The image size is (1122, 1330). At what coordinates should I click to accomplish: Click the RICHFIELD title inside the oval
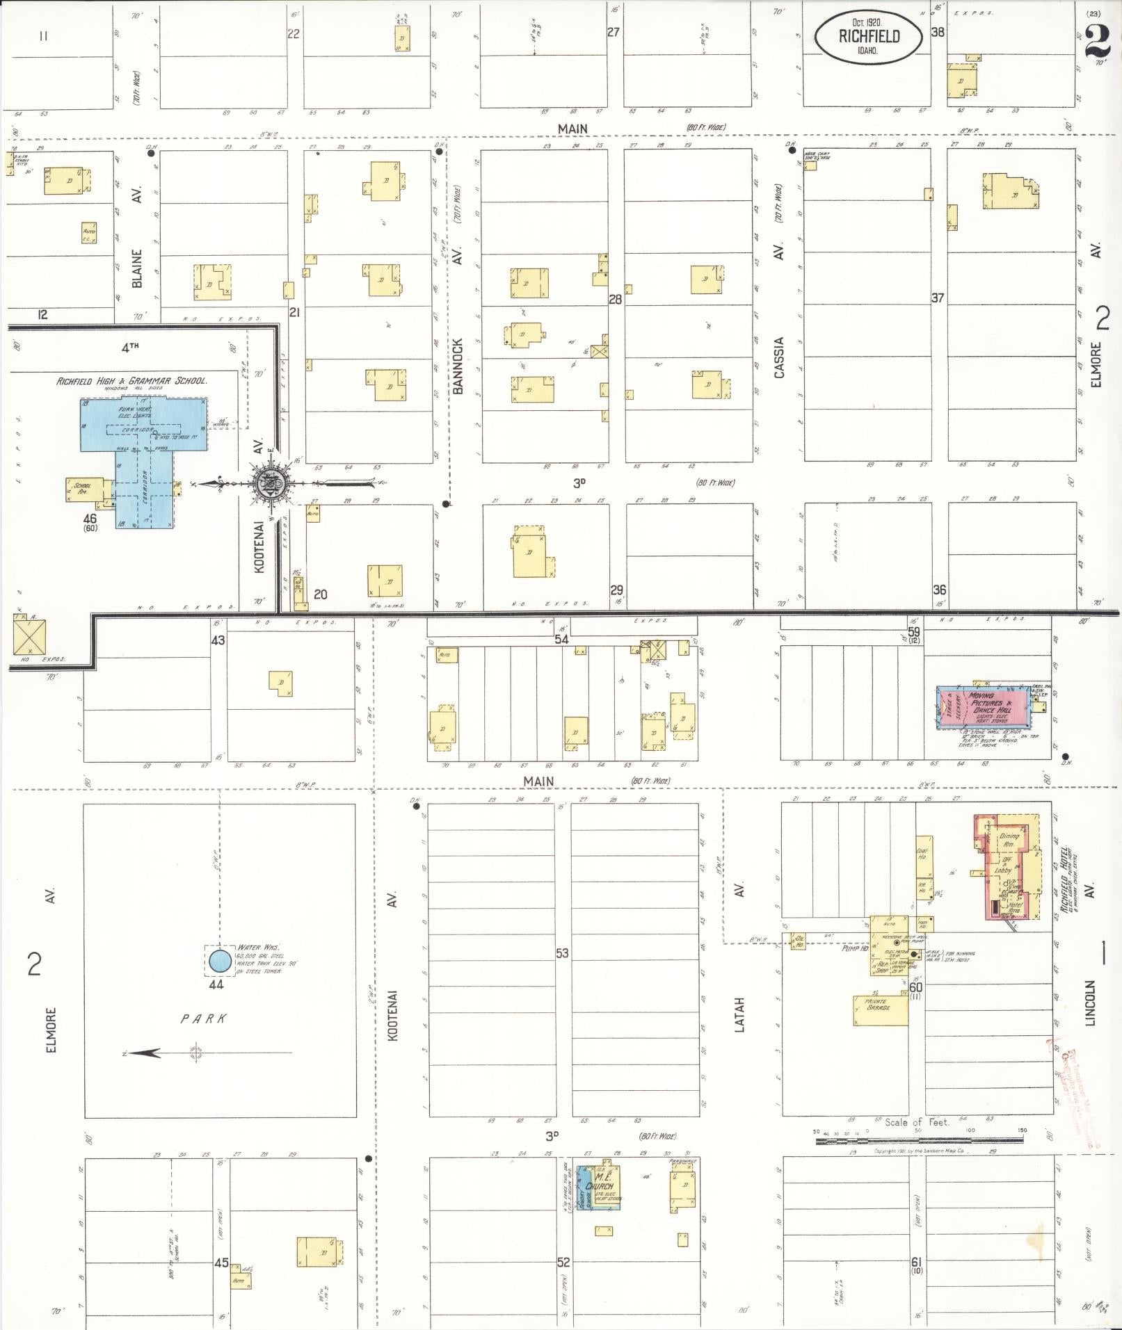coord(869,36)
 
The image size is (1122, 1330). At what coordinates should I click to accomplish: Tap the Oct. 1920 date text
coord(869,22)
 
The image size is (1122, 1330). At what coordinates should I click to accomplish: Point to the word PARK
coord(204,1019)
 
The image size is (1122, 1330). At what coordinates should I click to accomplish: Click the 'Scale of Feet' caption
coord(917,1122)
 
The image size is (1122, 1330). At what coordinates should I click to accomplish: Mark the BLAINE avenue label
coord(137,268)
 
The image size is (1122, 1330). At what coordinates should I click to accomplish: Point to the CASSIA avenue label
coord(779,358)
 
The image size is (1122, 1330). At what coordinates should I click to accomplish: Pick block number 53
coord(563,953)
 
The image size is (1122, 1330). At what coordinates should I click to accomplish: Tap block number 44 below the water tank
coord(216,984)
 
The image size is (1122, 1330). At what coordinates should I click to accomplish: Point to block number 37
coord(938,298)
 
